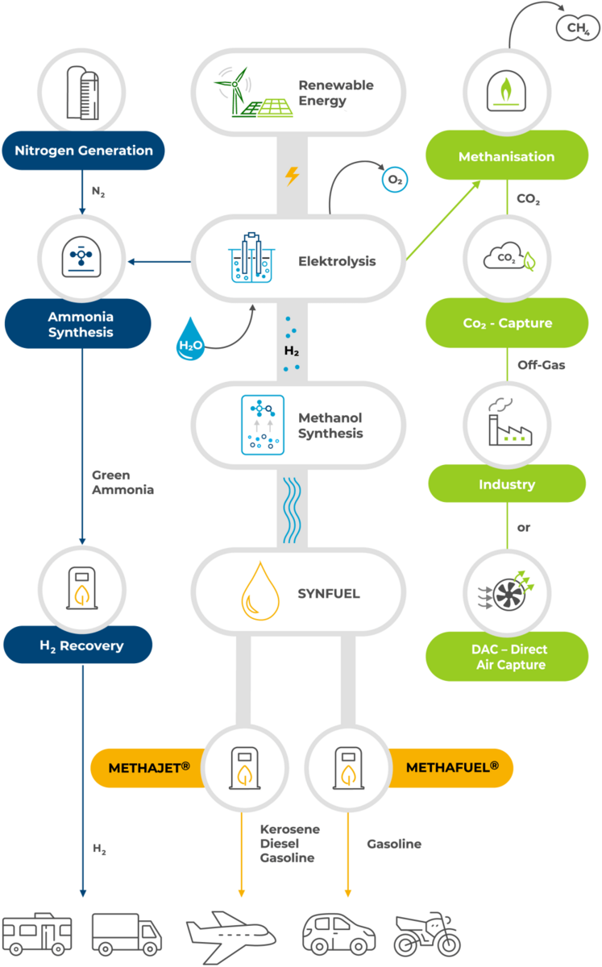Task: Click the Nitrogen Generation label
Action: click(x=84, y=151)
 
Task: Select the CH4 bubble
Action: click(x=577, y=29)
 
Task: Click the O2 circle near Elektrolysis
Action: click(x=395, y=181)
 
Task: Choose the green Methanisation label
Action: click(x=507, y=156)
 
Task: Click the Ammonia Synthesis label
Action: click(x=80, y=324)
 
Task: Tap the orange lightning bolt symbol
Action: click(x=293, y=176)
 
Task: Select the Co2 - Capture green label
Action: click(x=507, y=323)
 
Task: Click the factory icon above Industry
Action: click(x=507, y=423)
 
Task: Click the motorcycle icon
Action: click(x=426, y=935)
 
